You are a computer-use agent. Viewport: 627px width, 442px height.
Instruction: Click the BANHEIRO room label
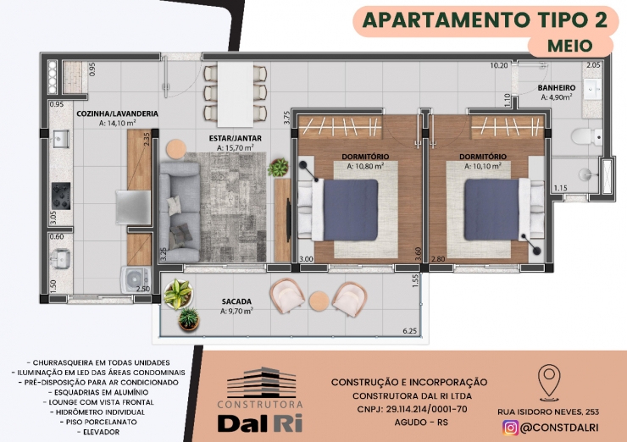[556, 87]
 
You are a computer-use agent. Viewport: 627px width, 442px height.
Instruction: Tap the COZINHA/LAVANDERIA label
[117, 114]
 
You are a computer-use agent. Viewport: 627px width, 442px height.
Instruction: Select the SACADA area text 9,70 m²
[236, 311]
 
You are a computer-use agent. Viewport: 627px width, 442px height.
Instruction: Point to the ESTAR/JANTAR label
[236, 138]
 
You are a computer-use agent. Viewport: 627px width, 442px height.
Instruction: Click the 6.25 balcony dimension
[410, 331]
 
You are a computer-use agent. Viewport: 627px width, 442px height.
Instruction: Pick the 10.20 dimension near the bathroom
[499, 65]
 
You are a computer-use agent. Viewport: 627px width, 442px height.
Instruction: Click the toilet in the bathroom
[586, 136]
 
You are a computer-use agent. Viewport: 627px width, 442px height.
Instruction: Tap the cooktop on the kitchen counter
[61, 196]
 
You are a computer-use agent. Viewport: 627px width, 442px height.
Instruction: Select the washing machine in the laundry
[136, 279]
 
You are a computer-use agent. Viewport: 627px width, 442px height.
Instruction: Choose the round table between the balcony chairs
[319, 301]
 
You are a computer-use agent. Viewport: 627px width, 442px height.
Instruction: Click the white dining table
[236, 94]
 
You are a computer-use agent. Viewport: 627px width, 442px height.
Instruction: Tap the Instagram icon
[510, 428]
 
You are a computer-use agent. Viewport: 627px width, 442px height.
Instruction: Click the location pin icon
[549, 383]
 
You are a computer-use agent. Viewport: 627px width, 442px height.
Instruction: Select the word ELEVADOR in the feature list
[101, 432]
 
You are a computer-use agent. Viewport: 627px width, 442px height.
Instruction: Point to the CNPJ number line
[412, 409]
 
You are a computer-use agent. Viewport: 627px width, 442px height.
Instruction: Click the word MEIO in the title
[570, 46]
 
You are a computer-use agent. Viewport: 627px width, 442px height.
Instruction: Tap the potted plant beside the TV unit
[278, 168]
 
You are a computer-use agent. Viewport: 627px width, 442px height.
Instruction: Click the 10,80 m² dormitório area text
[365, 166]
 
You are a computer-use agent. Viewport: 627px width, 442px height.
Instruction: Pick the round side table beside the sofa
[176, 149]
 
